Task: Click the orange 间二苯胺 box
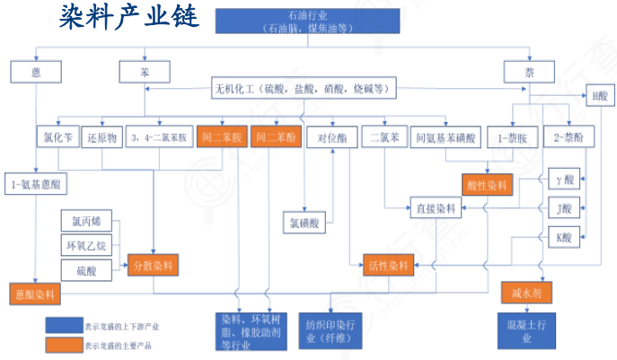pyautogui.click(x=221, y=138)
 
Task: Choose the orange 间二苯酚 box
pyautogui.click(x=274, y=138)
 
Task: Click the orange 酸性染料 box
pyautogui.click(x=488, y=185)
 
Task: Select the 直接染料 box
pyautogui.click(x=436, y=207)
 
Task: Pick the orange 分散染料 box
pyautogui.click(x=154, y=266)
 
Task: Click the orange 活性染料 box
pyautogui.click(x=389, y=266)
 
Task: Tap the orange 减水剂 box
pyautogui.click(x=526, y=292)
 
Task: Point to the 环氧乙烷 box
pyautogui.click(x=86, y=244)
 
